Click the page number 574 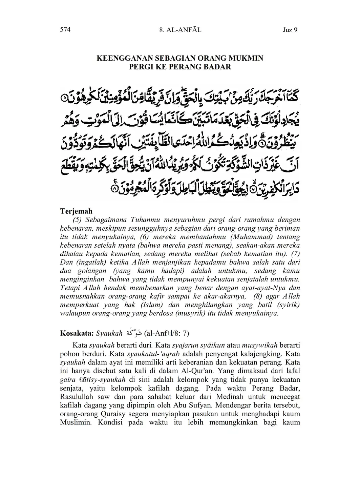pos(65,30)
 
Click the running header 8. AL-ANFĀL pos(180,30)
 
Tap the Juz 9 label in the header pos(290,30)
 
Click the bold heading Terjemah pos(76,211)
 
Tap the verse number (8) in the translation pos(259,296)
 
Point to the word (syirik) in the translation pos(288,305)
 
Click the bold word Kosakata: pos(77,333)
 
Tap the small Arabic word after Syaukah pos(134,333)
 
